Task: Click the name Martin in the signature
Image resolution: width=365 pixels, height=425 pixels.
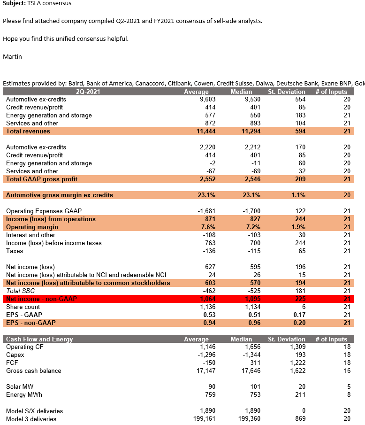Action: [12, 56]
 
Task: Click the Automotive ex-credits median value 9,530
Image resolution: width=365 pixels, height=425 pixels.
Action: [252, 99]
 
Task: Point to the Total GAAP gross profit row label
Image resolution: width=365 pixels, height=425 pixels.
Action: [42, 179]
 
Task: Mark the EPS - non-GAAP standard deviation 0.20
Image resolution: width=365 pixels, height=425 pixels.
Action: [299, 323]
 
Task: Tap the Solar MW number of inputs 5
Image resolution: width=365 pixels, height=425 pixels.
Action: [349, 386]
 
